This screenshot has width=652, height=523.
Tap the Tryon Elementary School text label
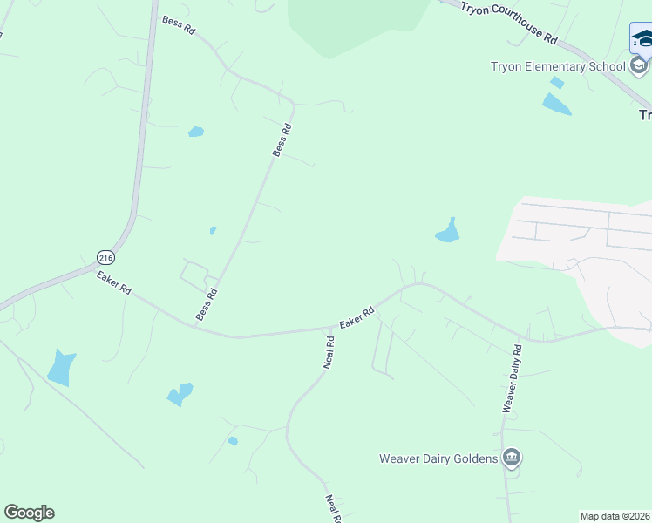click(558, 66)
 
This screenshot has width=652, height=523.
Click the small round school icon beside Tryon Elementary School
click(639, 66)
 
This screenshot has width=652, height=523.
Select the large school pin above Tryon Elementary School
click(642, 39)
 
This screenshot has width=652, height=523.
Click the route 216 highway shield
click(105, 257)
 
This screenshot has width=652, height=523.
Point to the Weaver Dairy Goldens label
click(438, 458)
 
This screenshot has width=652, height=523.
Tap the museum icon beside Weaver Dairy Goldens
click(512, 458)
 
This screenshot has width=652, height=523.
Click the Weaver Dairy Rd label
click(511, 377)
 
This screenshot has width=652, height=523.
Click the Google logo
click(29, 513)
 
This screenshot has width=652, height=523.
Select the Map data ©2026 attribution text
click(615, 516)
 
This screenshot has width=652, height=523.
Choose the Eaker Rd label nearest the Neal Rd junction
click(357, 317)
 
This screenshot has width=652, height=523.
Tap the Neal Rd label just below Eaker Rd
click(329, 351)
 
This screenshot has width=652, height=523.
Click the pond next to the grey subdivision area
click(448, 232)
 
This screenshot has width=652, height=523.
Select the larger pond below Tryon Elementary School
click(556, 105)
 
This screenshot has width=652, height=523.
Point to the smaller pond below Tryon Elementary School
click(557, 83)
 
